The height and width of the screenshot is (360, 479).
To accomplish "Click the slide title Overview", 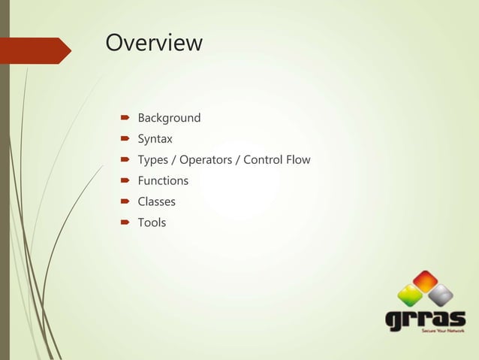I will [x=154, y=43].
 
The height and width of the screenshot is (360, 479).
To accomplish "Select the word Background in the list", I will [x=169, y=118].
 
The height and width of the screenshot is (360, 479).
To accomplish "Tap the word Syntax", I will [x=155, y=139].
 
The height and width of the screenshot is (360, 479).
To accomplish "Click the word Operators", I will [x=206, y=160].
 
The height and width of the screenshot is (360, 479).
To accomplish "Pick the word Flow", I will [x=298, y=160].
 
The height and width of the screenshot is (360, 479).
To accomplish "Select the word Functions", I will [x=163, y=181].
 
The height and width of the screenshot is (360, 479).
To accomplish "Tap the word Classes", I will [x=156, y=202].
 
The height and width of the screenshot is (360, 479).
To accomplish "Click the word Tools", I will [x=152, y=223].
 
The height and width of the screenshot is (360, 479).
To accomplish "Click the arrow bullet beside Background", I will [x=125, y=118].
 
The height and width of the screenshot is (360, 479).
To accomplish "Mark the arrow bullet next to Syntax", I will [x=125, y=139].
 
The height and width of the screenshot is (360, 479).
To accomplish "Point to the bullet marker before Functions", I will [x=125, y=181].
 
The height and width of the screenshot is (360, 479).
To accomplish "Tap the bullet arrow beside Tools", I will [x=125, y=223].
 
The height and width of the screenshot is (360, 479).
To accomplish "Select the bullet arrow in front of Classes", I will [x=125, y=202].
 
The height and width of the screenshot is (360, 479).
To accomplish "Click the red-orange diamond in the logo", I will [x=425, y=281].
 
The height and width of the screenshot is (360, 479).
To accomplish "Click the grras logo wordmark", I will [x=424, y=319].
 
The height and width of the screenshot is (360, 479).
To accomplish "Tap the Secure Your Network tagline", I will [x=443, y=331].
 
